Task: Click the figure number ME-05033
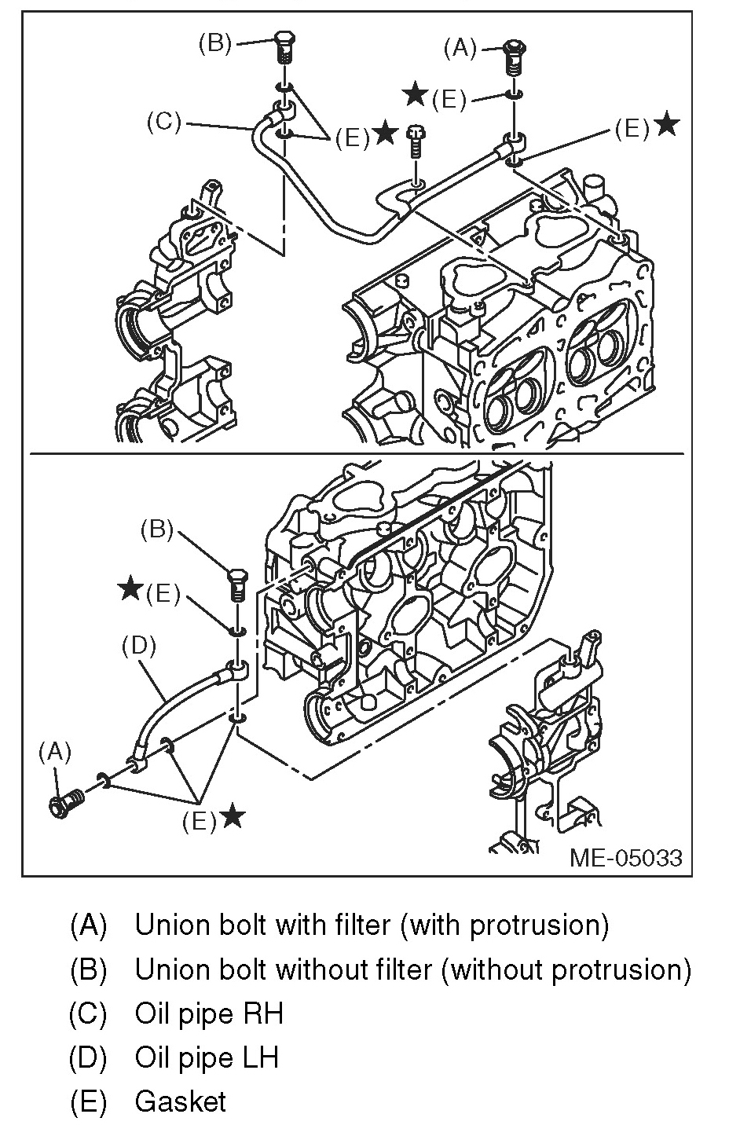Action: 626,856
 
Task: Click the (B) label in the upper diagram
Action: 214,42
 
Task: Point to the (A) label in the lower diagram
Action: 55,752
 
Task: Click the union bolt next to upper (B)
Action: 284,49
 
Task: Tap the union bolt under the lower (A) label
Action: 66,804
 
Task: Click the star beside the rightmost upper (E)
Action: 666,124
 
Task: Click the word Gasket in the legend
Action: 180,1101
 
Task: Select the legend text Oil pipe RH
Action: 208,1013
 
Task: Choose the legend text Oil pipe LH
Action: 207,1057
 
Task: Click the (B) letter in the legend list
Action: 87,969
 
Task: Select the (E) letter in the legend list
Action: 87,1101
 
